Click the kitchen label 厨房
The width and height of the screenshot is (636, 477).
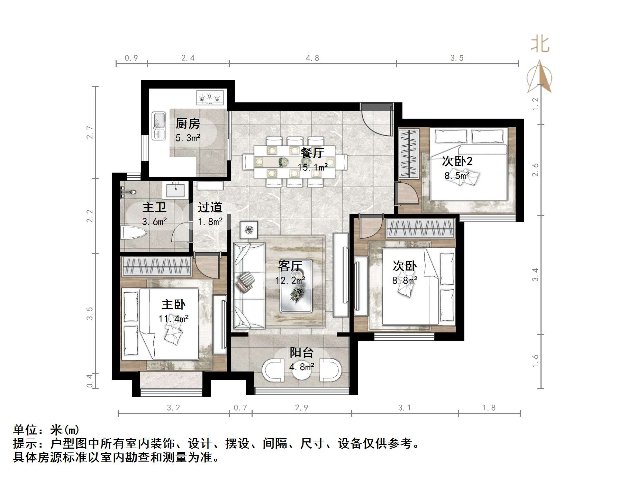tap(188, 123)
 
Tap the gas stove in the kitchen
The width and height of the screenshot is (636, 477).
tap(210, 98)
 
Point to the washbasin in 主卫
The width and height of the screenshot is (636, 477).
tap(175, 190)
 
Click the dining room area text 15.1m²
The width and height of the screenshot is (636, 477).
tap(313, 167)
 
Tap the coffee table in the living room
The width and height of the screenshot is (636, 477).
tap(296, 286)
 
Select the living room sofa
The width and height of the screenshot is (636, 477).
tap(248, 285)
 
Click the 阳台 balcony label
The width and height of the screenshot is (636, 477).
tap(301, 352)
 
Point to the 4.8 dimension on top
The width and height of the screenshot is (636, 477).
tap(312, 58)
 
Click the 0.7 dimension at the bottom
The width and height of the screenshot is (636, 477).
tap(240, 408)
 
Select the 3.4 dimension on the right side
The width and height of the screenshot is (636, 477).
tap(535, 275)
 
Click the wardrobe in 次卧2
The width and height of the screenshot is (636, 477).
tap(409, 153)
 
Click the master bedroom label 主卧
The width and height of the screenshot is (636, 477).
tap(173, 304)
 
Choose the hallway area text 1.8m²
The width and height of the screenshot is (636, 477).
tap(210, 221)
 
